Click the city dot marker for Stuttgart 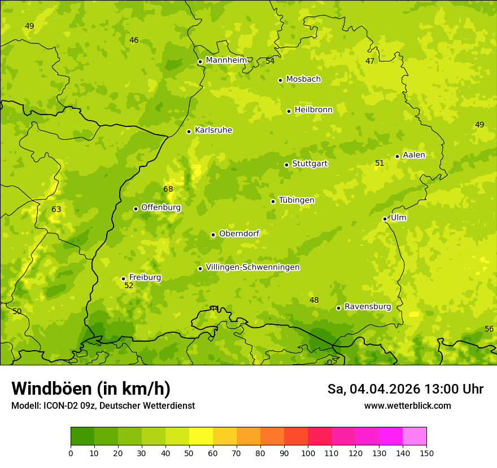(x=286, y=165)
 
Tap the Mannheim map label (x=226, y=60)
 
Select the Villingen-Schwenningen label (x=252, y=267)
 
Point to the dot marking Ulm (x=385, y=219)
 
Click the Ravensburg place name (x=368, y=307)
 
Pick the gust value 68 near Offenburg (x=168, y=189)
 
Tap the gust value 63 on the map (x=56, y=210)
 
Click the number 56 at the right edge (x=489, y=329)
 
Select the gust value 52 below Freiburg (x=129, y=286)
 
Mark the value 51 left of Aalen (x=380, y=164)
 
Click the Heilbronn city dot (x=289, y=111)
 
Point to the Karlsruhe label (x=213, y=130)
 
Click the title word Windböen (x=51, y=388)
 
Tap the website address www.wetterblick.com (x=407, y=405)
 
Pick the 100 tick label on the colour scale (x=308, y=453)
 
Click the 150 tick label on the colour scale (x=426, y=453)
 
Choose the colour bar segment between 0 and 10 (x=82, y=436)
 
